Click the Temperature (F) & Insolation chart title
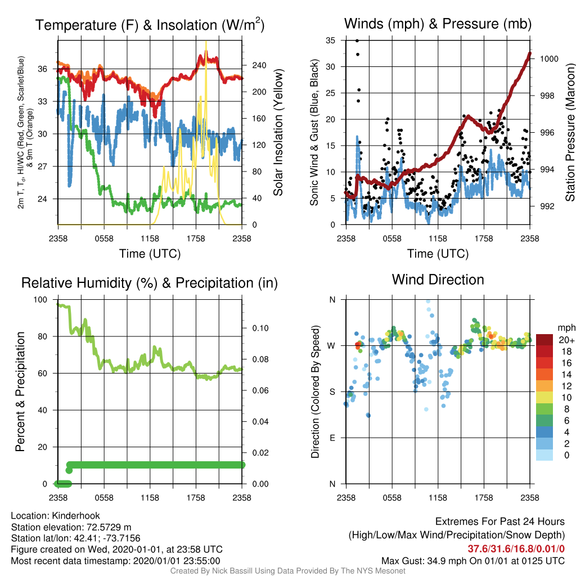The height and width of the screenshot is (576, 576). pyautogui.click(x=150, y=25)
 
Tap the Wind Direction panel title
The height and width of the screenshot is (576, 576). pyautogui.click(x=438, y=280)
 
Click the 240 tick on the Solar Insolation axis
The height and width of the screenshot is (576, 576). pyautogui.click(x=259, y=65)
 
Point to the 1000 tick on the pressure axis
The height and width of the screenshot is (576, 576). pyautogui.click(x=549, y=58)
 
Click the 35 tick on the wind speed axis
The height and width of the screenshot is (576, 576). pyautogui.click(x=331, y=40)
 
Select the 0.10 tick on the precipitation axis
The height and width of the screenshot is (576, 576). pyautogui.click(x=260, y=328)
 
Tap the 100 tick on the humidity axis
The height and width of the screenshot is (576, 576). pyautogui.click(x=40, y=300)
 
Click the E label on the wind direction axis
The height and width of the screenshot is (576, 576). pyautogui.click(x=332, y=438)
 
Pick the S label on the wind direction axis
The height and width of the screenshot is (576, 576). pyautogui.click(x=332, y=391)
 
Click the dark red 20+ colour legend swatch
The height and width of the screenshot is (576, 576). pyautogui.click(x=544, y=340)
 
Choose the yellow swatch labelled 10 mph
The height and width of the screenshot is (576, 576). pyautogui.click(x=544, y=398)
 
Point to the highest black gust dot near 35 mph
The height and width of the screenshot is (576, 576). pyautogui.click(x=357, y=40)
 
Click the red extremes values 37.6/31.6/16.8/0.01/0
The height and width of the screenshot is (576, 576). pyautogui.click(x=516, y=549)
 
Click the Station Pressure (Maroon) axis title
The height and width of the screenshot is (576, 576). pyautogui.click(x=570, y=132)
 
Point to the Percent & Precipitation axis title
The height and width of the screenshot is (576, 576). pyautogui.click(x=20, y=391)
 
